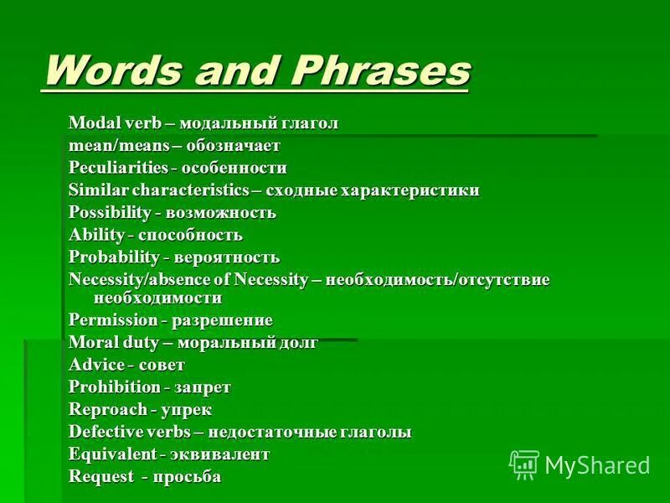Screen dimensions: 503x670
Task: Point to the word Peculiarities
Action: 117,168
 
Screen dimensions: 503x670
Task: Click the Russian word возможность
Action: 225,212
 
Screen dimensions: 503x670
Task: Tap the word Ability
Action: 96,235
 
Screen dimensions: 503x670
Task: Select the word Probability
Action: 116,257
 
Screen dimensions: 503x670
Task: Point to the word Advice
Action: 96,365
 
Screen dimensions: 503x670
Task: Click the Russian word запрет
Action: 203,386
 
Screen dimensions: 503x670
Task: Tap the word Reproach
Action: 105,409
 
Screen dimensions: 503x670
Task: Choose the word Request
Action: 100,476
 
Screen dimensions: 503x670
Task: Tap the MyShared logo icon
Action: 524,464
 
